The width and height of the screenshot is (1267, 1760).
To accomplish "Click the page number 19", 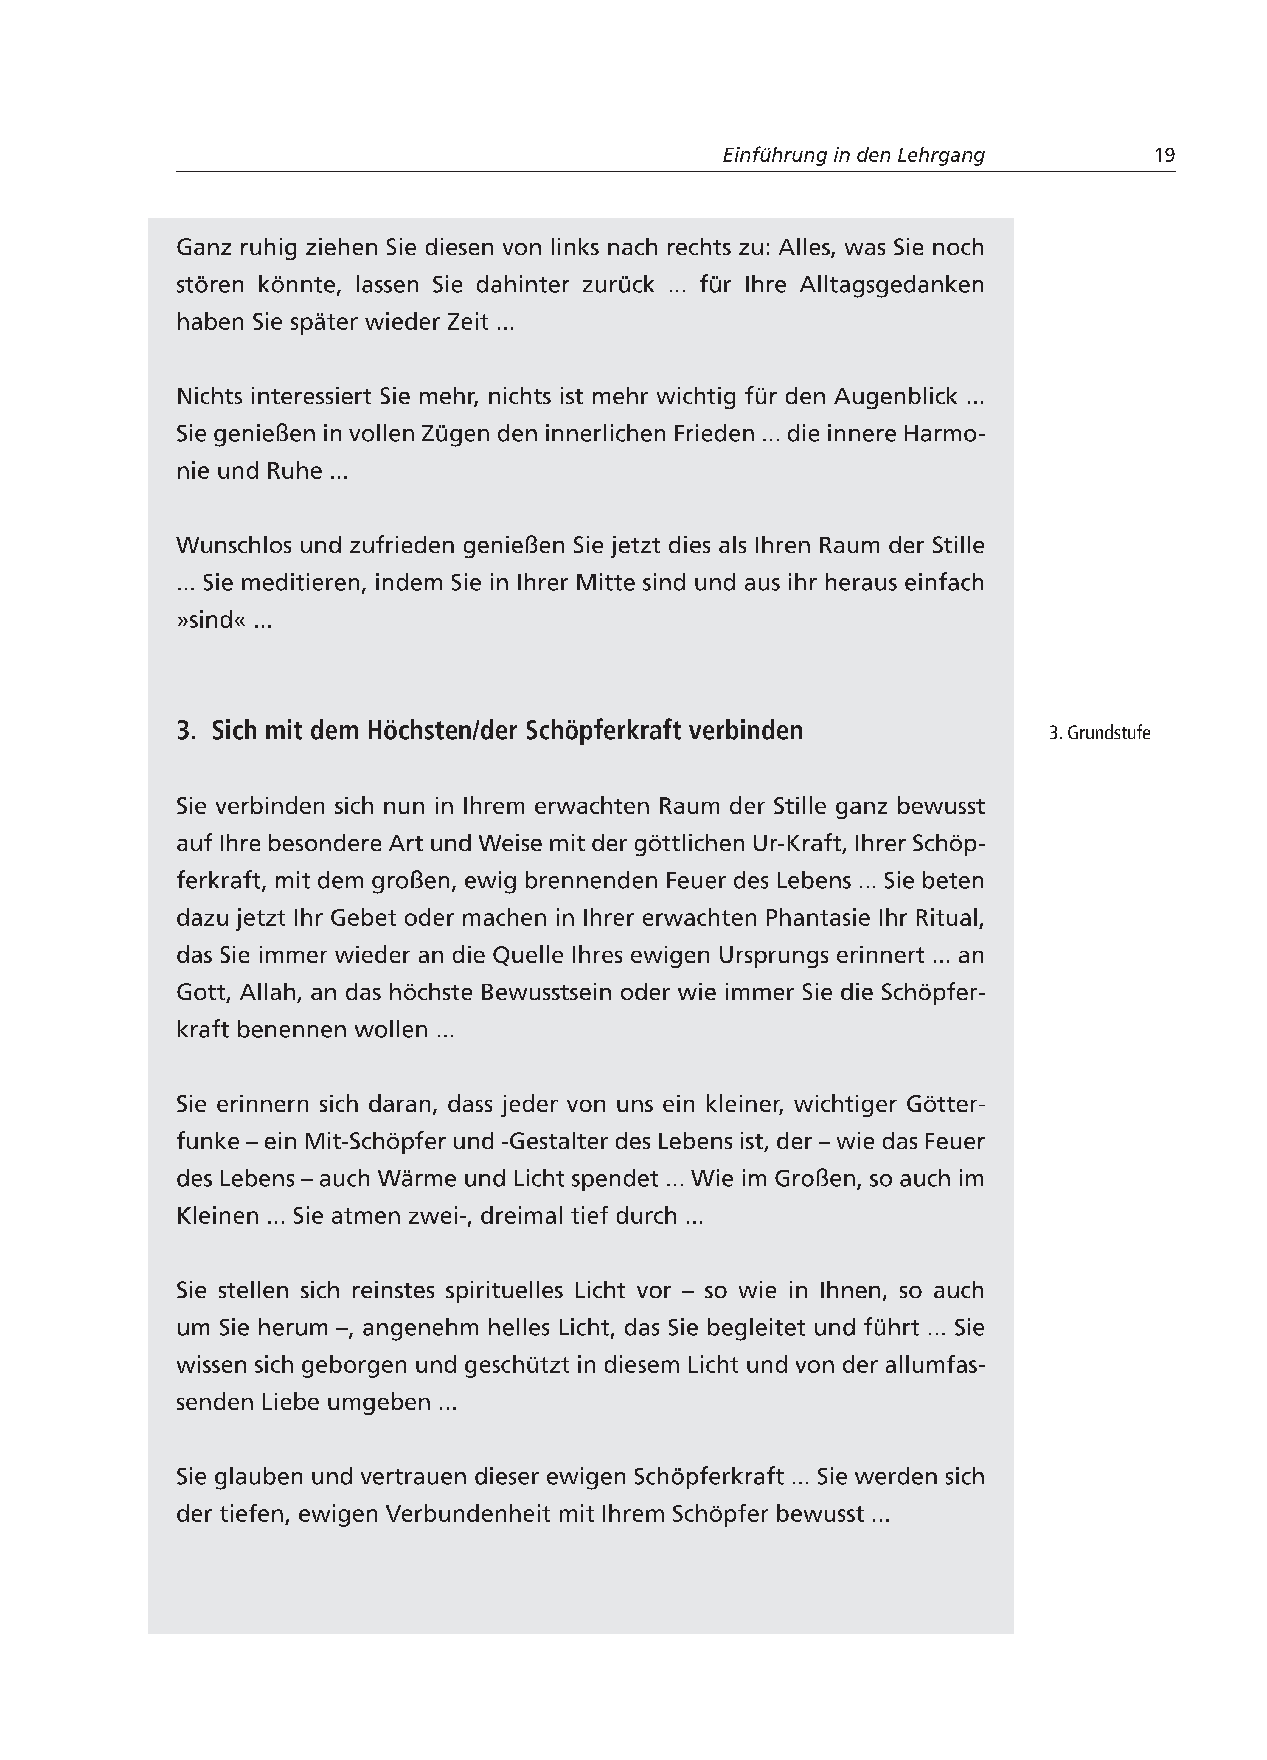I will pos(1164,155).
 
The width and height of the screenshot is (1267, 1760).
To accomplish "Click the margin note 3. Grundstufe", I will pos(1099,733).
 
